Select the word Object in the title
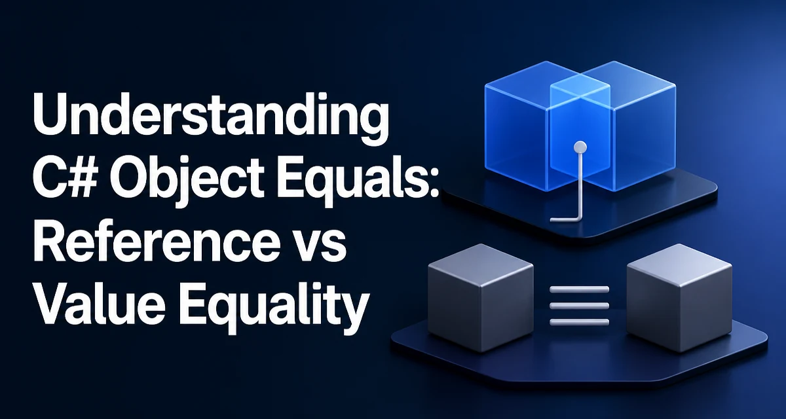tap(189, 181)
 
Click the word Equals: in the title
tap(357, 181)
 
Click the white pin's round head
tap(580, 147)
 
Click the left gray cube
tap(481, 297)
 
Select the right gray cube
tap(679, 297)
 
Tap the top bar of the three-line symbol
tap(579, 289)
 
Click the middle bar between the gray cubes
tap(579, 305)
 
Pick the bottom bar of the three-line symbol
tap(579, 322)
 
